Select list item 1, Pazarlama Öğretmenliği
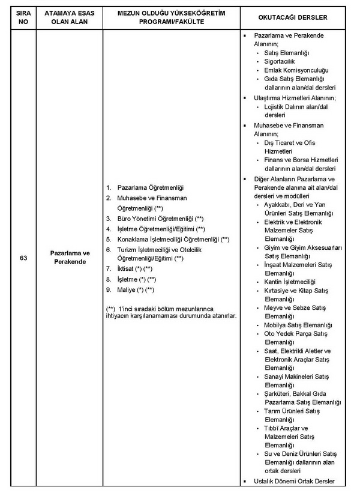pyautogui.click(x=149, y=188)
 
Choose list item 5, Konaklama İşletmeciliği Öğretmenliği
pyautogui.click(x=173, y=239)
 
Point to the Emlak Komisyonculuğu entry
pyautogui.click(x=296, y=70)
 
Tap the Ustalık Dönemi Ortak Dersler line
pyautogui.click(x=294, y=482)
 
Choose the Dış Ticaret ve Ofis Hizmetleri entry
pyautogui.click(x=289, y=147)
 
